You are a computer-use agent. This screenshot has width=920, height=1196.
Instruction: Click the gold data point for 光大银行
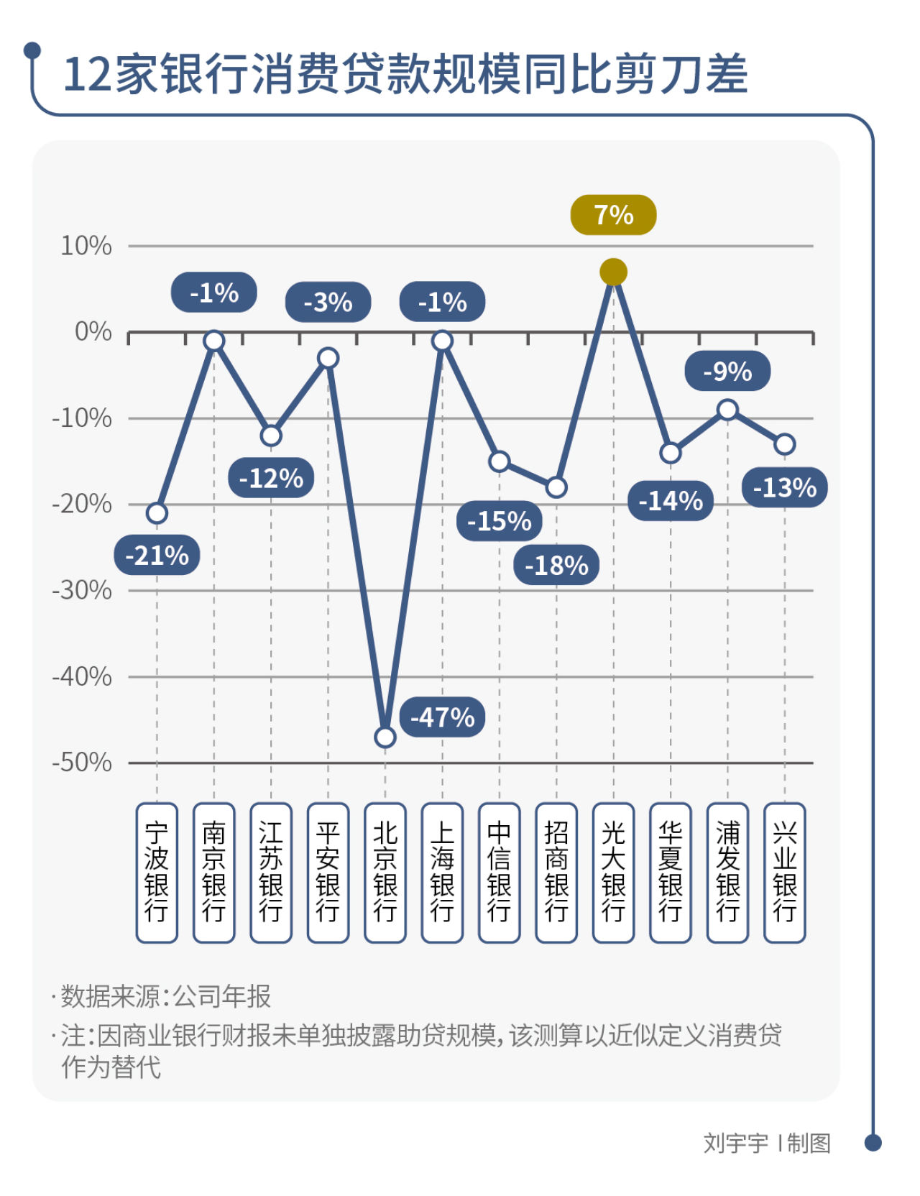coord(613,272)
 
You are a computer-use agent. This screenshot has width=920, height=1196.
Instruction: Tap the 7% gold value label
coord(613,215)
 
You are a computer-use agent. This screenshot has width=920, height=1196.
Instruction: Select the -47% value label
coord(442,717)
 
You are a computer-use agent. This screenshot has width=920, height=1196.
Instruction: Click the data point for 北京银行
coord(385,737)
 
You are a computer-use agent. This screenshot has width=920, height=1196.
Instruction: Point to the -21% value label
coord(157,555)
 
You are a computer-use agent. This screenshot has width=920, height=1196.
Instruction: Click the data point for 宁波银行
coord(157,512)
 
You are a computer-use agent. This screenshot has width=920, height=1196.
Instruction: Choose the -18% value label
coord(556,565)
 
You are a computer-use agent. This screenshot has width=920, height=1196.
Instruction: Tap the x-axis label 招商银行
coord(556,872)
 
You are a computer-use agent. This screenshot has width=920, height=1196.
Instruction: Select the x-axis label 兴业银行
coord(784,872)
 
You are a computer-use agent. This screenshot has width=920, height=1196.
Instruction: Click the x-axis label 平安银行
coord(328,872)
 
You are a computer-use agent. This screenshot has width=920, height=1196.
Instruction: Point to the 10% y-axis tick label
coord(86,246)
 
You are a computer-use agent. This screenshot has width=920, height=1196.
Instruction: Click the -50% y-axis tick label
coord(82,762)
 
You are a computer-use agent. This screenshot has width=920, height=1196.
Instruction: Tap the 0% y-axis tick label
coord(93,331)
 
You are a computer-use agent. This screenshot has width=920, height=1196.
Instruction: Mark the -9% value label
coord(727,372)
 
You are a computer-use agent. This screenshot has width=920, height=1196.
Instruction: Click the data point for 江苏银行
coord(271,435)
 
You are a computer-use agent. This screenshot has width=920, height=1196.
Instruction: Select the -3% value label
coord(328,302)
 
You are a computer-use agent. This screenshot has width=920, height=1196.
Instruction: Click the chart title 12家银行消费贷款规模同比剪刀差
coord(406,74)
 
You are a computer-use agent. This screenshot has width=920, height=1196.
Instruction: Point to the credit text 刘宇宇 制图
coord(766,1142)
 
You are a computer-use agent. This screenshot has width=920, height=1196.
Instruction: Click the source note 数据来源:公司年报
coord(165,996)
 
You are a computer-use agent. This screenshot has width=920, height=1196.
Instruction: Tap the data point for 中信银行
coord(500,461)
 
